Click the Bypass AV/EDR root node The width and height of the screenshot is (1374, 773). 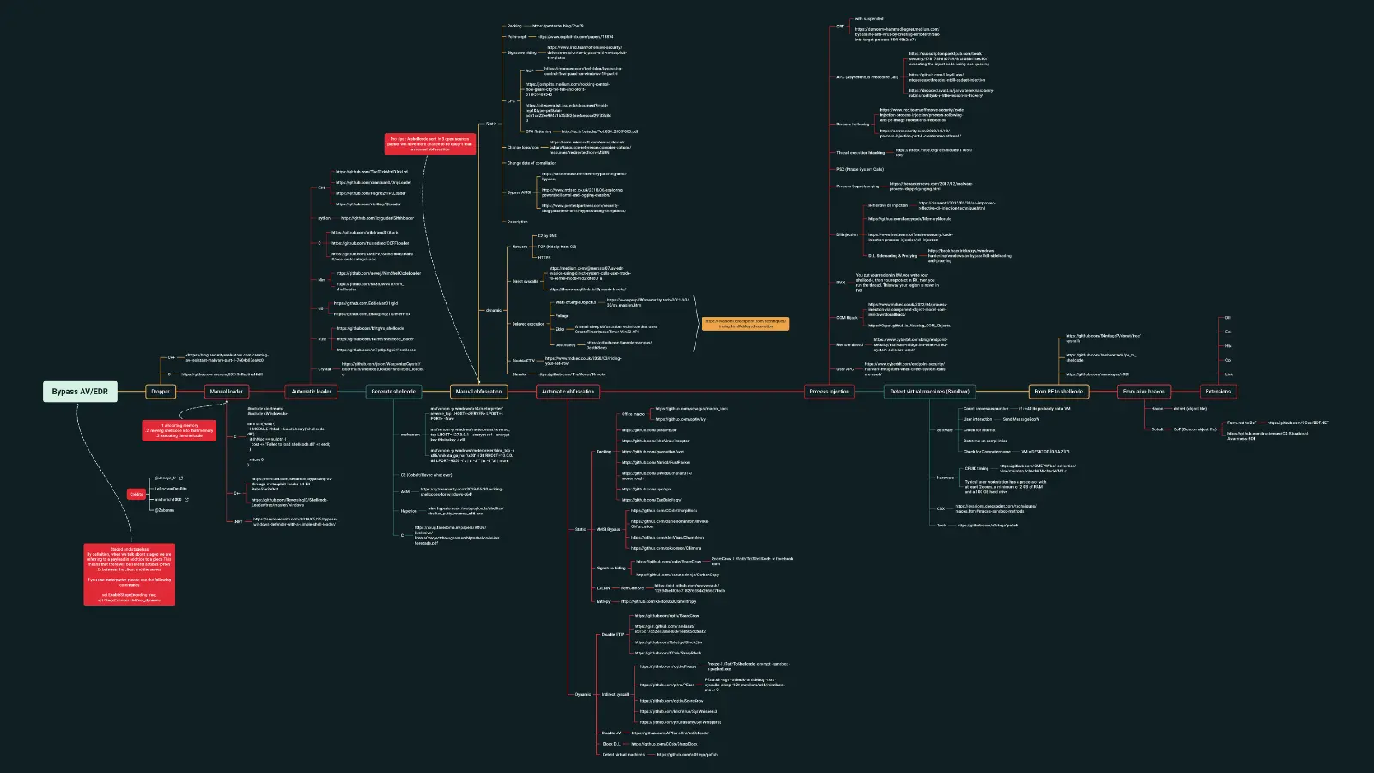pos(80,392)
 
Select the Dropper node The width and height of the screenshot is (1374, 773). pos(161,392)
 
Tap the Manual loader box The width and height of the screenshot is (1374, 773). pos(227,392)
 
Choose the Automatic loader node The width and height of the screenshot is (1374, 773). pos(311,392)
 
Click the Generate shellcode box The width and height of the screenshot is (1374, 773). pos(393,392)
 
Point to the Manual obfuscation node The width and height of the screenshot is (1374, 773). pos(478,392)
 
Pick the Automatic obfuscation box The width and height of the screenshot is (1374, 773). pos(568,392)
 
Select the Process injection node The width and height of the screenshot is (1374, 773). pos(829,392)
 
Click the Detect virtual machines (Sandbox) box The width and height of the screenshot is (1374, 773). pos(929,392)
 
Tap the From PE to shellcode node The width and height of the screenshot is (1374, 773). pos(1058,392)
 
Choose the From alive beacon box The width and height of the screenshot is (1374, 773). pos(1144,392)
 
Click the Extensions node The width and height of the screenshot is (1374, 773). pos(1218,392)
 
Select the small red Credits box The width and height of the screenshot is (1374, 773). pos(137,494)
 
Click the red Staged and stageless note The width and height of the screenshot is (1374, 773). pos(130,575)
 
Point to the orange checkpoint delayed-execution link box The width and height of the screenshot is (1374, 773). pos(745,324)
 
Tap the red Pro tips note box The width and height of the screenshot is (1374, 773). pos(430,144)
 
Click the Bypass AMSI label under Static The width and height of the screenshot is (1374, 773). pos(520,192)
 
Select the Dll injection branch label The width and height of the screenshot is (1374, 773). pos(847,234)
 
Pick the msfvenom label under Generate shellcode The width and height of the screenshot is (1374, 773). pos(410,435)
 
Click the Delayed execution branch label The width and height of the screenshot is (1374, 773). pos(528,324)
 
